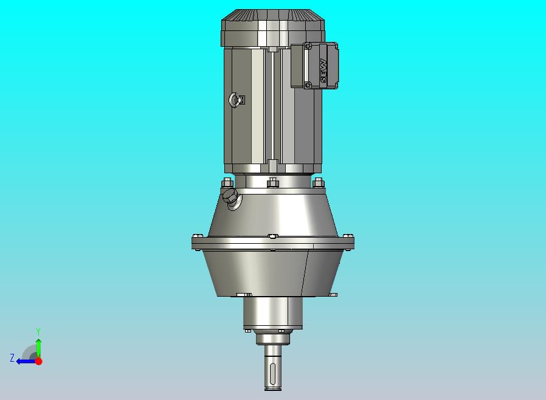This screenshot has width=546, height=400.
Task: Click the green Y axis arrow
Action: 38,348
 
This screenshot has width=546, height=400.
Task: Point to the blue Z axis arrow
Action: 24,360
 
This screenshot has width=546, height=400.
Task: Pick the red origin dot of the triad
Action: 38,361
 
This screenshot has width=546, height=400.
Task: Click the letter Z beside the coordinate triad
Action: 12,358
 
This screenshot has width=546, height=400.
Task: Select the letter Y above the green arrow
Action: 38,331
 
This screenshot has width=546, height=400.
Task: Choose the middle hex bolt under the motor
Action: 272,182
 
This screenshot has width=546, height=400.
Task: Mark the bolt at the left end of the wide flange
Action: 196,236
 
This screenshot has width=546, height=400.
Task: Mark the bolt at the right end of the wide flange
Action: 348,236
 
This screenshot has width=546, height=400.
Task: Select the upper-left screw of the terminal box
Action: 307,46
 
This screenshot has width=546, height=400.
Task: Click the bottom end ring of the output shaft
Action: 273,386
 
